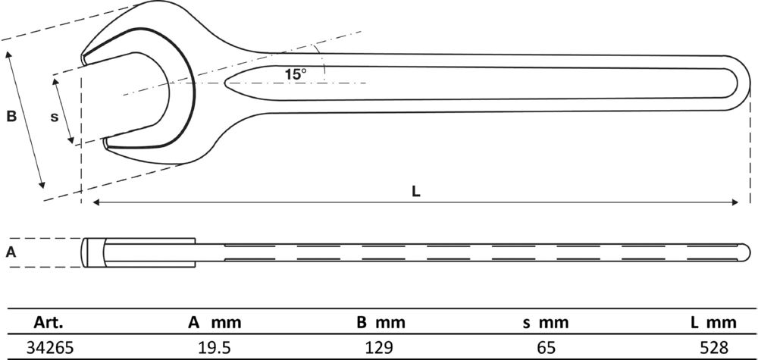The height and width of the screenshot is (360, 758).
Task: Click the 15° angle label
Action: pyautogui.click(x=296, y=74)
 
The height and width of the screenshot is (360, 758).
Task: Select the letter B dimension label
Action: pyautogui.click(x=11, y=117)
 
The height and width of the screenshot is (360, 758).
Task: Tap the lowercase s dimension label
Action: pyautogui.click(x=54, y=117)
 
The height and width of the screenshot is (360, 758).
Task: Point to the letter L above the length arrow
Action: pyautogui.click(x=415, y=191)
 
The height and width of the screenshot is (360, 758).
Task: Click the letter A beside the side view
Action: pyautogui.click(x=11, y=252)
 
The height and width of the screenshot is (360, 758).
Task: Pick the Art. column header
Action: pyautogui.click(x=49, y=322)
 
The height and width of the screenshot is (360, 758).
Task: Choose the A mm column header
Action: pyautogui.click(x=215, y=322)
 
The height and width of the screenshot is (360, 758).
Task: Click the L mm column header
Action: pyautogui.click(x=713, y=322)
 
